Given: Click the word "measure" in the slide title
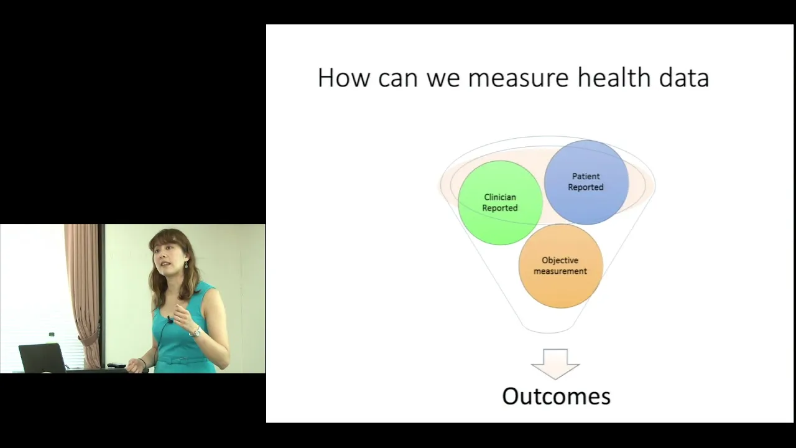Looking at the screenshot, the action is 519,78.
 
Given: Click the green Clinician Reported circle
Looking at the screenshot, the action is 500,203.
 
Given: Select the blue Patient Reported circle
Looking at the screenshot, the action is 586,182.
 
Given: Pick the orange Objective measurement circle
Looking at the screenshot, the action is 560,266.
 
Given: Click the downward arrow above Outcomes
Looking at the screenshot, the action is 555,364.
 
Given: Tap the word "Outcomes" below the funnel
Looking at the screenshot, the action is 556,396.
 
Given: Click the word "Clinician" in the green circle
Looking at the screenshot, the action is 500,197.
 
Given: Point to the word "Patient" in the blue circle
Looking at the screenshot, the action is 586,176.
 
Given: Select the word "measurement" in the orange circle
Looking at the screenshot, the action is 560,271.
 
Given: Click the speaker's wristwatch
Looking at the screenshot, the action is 195,332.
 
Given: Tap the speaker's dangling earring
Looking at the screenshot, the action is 186,264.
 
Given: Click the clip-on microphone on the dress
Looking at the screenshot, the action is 170,319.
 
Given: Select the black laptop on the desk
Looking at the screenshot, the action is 43,358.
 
